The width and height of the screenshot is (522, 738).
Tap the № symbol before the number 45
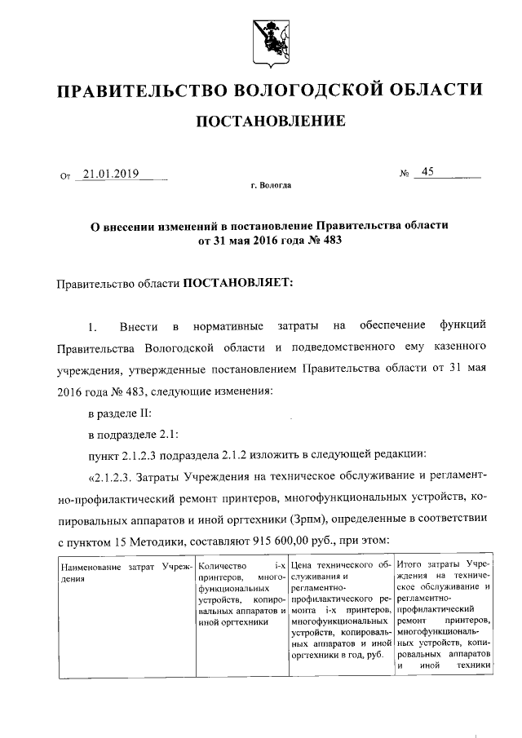(x=404, y=174)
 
